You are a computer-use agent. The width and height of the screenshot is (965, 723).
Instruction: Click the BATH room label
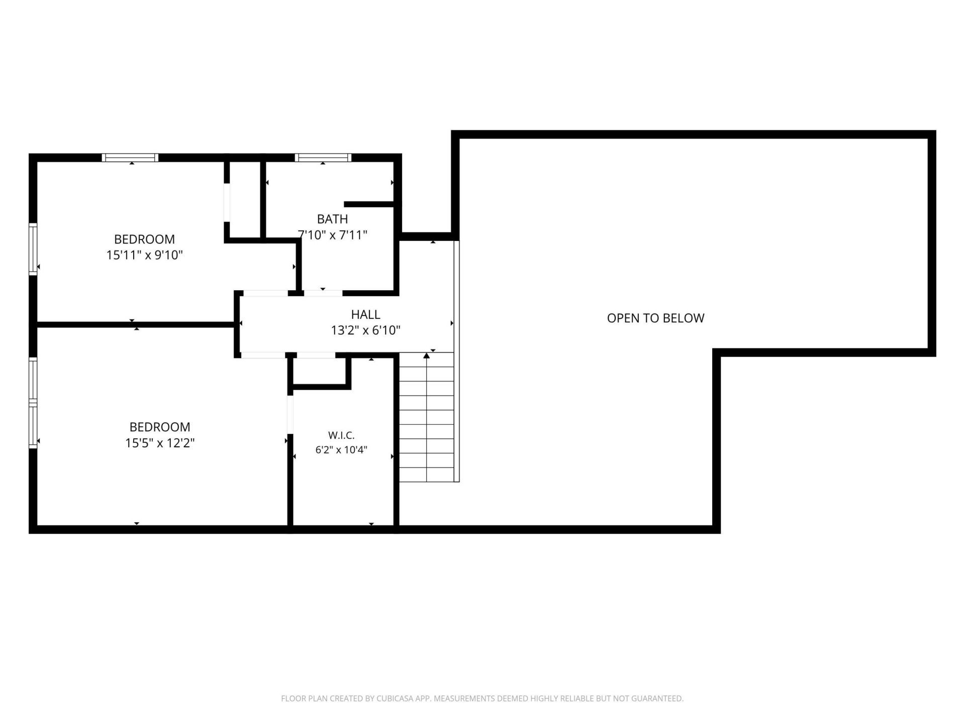[332, 219]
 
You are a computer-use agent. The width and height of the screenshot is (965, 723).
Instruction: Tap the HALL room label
[365, 314]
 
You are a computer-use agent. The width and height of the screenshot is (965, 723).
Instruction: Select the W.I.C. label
[341, 435]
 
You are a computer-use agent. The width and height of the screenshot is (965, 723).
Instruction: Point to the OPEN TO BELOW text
[655, 318]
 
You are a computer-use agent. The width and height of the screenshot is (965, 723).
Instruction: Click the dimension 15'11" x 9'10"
[144, 255]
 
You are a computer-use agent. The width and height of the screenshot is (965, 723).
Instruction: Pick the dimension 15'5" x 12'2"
[160, 443]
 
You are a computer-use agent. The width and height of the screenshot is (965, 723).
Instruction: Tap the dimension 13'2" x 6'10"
[365, 330]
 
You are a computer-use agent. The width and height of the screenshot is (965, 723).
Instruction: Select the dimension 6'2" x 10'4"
[341, 450]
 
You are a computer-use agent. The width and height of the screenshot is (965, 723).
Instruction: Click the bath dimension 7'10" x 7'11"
[333, 235]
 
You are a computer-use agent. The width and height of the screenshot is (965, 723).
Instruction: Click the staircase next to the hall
[427, 417]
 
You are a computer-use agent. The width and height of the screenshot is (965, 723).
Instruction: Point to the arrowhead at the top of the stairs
[427, 355]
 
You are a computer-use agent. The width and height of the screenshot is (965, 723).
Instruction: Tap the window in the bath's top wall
[323, 158]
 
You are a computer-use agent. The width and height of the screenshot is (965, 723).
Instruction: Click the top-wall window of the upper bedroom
[130, 158]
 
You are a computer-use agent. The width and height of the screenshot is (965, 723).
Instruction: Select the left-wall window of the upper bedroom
[33, 249]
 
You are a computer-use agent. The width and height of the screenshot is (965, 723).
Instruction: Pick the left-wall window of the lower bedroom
[33, 403]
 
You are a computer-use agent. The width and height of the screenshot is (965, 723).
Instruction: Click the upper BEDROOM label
[144, 239]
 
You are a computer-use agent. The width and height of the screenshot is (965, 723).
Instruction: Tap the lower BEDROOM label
[160, 427]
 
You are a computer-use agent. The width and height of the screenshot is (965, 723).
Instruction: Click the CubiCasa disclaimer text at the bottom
[482, 698]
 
